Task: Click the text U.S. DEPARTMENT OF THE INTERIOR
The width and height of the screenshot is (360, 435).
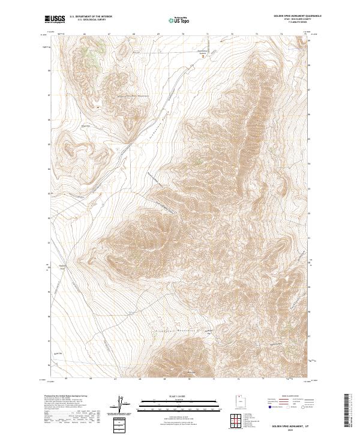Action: tap(90, 17)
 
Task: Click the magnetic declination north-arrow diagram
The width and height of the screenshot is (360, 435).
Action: tap(119, 405)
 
